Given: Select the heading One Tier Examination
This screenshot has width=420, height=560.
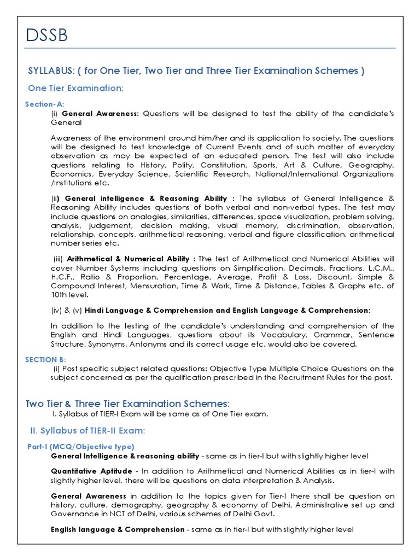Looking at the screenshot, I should pos(76,88).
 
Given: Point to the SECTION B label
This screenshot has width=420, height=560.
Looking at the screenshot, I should pos(45,359).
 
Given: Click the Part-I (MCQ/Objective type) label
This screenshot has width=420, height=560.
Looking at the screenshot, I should pos(81,447).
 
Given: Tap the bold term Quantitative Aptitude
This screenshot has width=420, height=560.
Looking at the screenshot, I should pos(91,471).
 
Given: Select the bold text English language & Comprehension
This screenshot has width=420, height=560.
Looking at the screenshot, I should pos(118,529).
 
